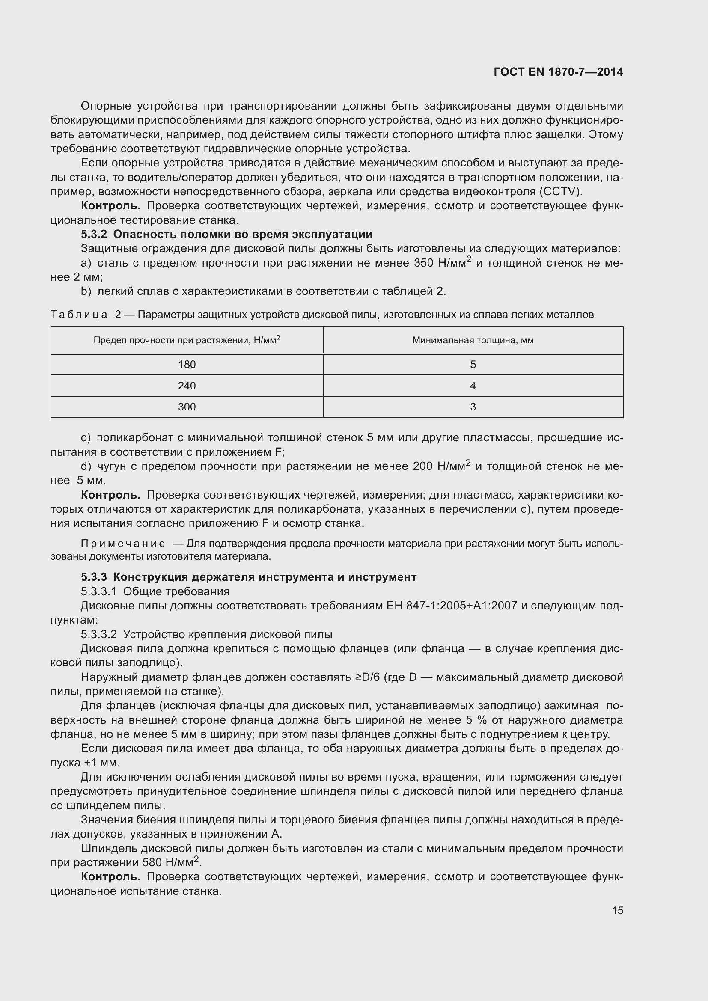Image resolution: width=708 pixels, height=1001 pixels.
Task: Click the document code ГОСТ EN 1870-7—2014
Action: tap(558, 72)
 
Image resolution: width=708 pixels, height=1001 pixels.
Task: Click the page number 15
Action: tap(617, 910)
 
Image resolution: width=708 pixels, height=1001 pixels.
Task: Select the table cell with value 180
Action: tap(187, 365)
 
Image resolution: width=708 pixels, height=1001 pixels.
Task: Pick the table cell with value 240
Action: tap(187, 386)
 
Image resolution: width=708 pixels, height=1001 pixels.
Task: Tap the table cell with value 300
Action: tap(187, 407)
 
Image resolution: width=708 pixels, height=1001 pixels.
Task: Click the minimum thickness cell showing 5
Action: tap(473, 365)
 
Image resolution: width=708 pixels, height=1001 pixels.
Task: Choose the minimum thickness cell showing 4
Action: tap(473, 386)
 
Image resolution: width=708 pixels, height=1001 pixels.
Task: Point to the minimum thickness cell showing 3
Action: tap(473, 407)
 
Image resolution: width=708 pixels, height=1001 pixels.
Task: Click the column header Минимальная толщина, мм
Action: tap(473, 340)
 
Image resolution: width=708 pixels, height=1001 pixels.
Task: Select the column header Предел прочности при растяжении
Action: tap(187, 340)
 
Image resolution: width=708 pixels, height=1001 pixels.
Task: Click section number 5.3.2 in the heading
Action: tap(94, 235)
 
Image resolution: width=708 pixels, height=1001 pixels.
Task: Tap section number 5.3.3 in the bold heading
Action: tap(94, 577)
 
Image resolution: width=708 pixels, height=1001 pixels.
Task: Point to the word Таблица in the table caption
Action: tap(79, 315)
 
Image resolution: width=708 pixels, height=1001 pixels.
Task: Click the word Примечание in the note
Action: tap(123, 544)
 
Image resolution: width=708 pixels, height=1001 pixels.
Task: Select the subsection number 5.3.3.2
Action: tap(98, 634)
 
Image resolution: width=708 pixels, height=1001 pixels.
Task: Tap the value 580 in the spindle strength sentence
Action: tap(151, 863)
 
